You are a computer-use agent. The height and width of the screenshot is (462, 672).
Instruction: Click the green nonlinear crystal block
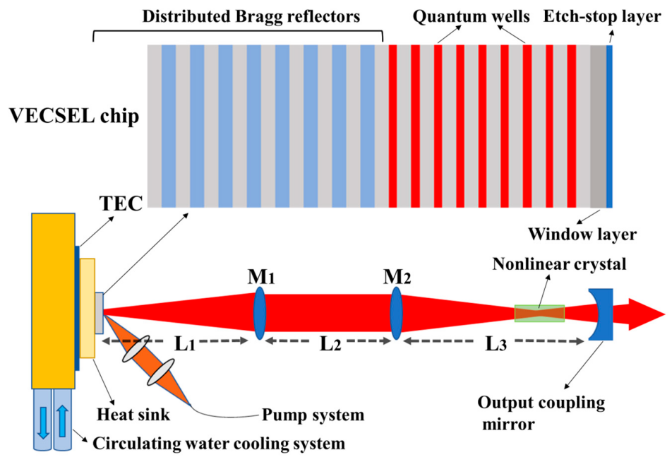(x=539, y=313)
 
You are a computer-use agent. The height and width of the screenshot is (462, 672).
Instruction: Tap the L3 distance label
(x=495, y=344)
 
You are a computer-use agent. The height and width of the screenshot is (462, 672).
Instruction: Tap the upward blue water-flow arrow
(x=61, y=424)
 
